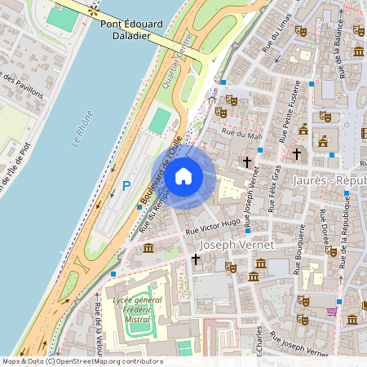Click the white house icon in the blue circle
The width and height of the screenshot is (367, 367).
(x=183, y=175)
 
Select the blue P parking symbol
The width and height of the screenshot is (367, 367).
(x=126, y=186)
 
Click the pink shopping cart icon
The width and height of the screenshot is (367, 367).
(x=332, y=311)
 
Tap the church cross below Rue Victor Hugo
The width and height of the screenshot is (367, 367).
(x=195, y=259)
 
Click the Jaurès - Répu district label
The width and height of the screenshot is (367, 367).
(x=334, y=179)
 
